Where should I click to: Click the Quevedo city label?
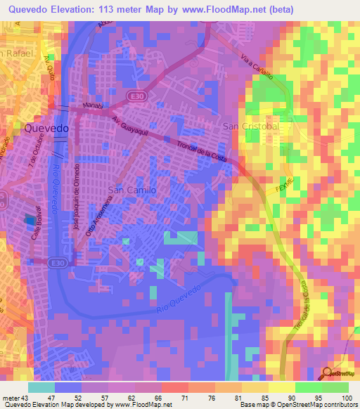tap(46, 129)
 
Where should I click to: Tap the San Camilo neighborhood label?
tap(131, 190)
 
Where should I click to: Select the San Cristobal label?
tap(251, 126)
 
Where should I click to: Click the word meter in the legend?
tap(11, 397)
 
